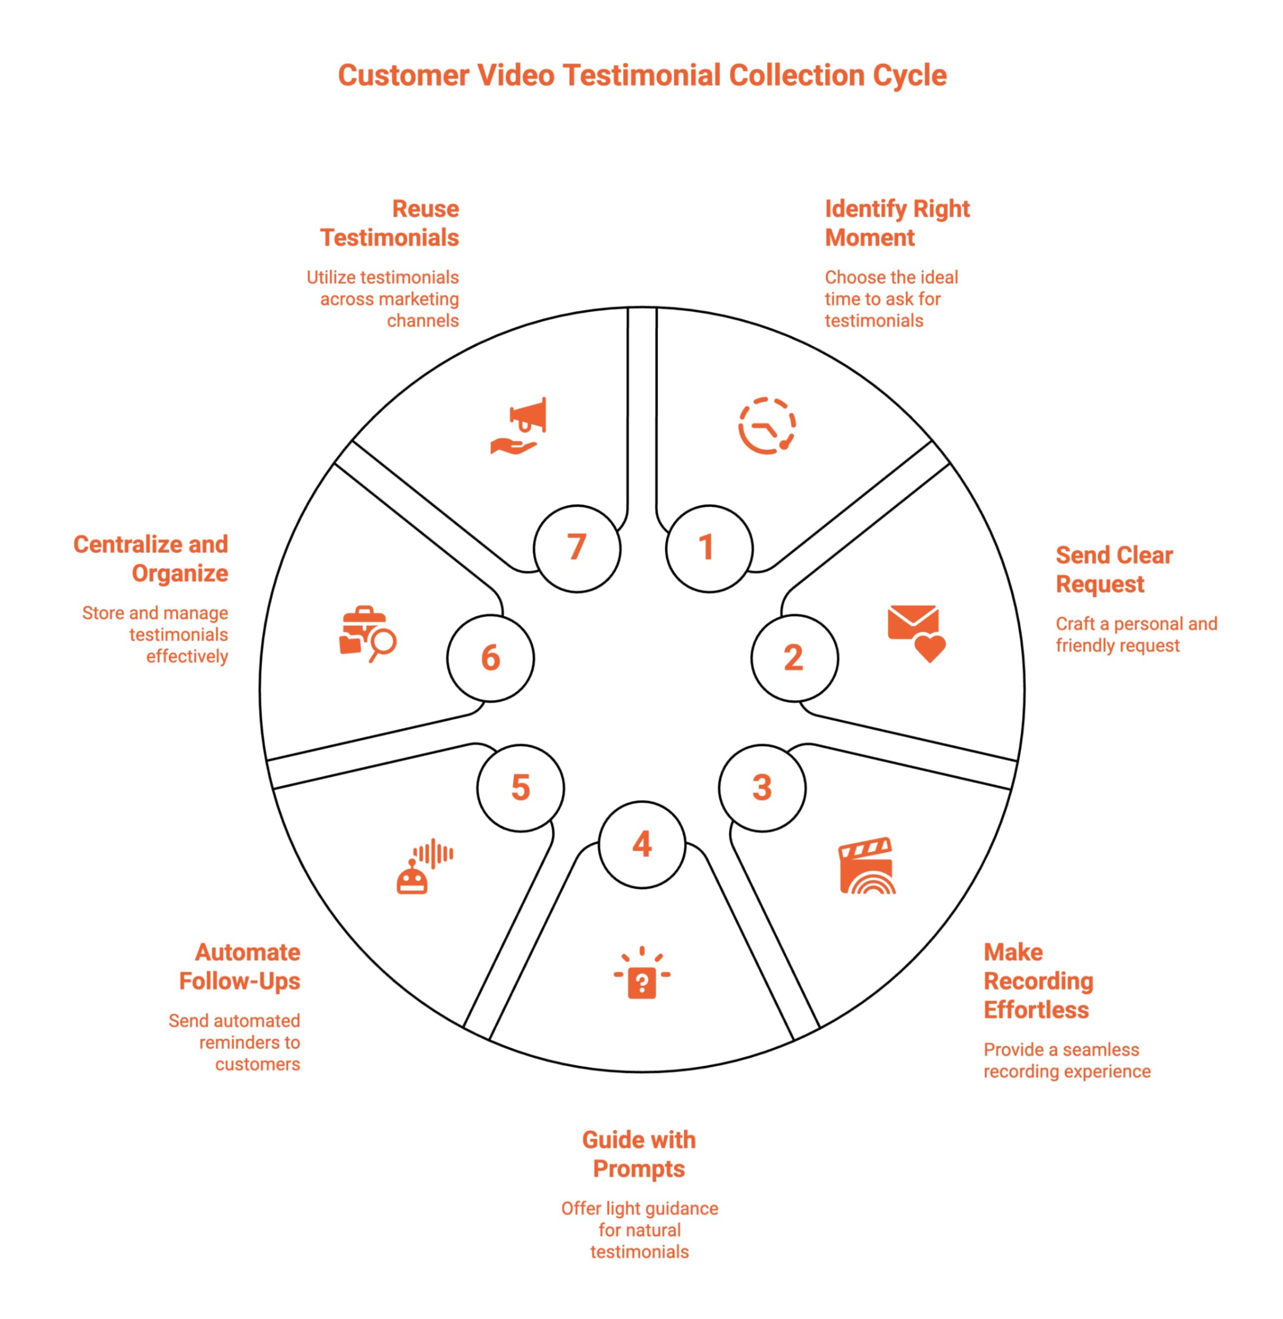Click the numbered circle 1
(708, 548)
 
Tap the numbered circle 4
(642, 844)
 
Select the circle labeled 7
(577, 548)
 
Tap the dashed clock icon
(767, 425)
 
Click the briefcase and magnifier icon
(367, 634)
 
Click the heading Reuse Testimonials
(389, 223)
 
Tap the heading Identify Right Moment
(897, 223)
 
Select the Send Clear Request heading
(1114, 570)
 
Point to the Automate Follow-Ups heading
(240, 966)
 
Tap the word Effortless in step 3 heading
(1035, 1010)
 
